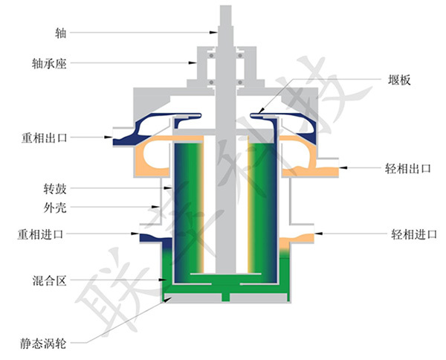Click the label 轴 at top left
[x=59, y=33]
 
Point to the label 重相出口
[x=45, y=138]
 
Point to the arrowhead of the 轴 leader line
[x=216, y=33]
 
